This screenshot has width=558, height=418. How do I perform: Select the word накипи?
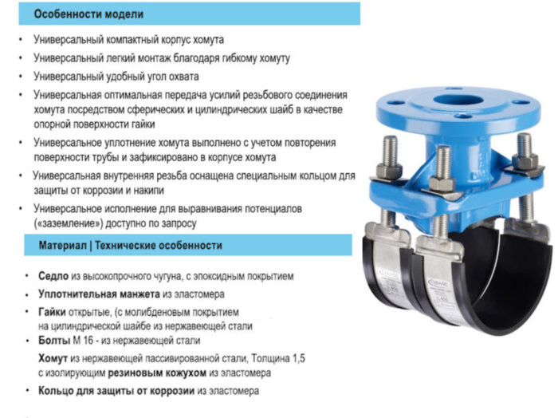146,191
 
